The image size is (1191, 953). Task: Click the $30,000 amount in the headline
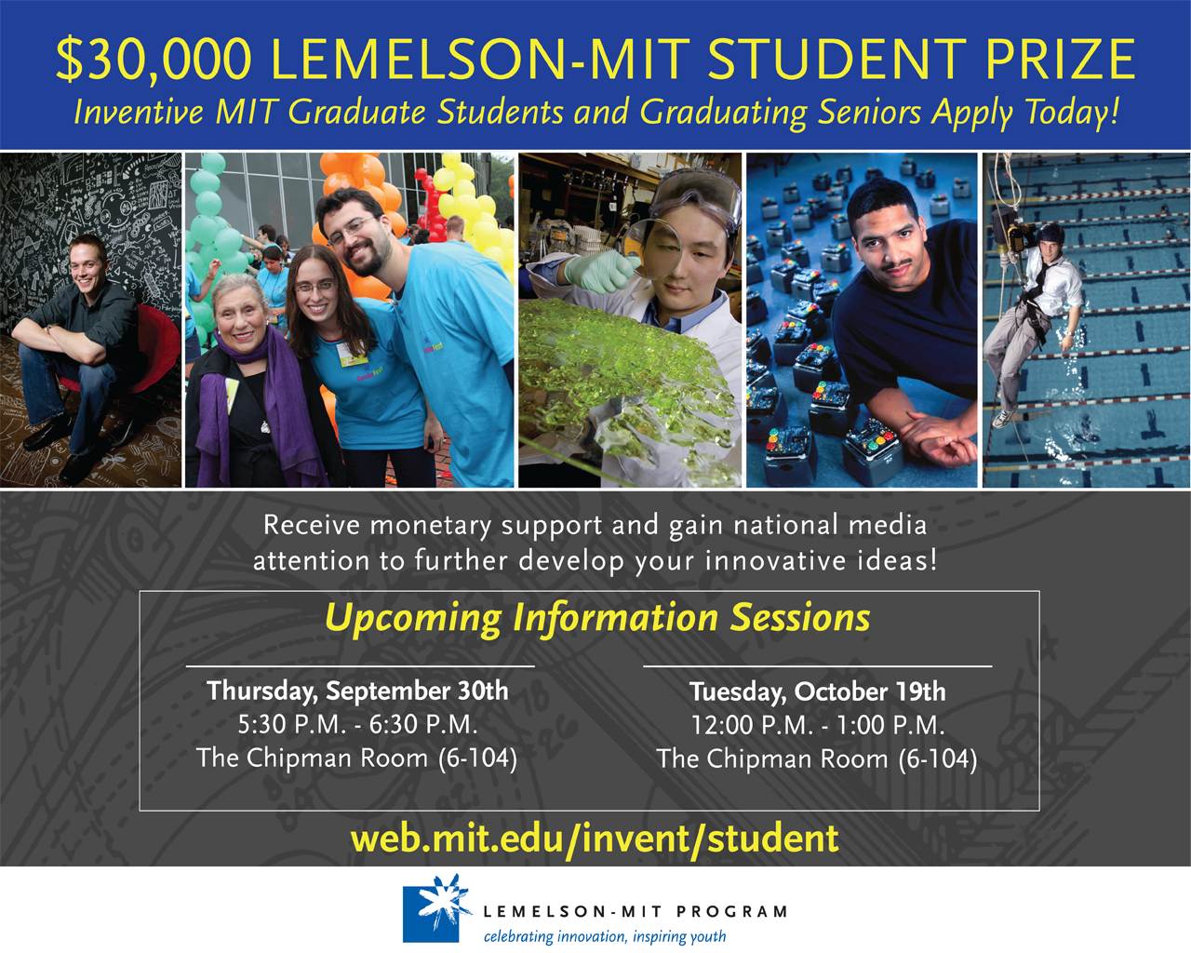click(x=154, y=60)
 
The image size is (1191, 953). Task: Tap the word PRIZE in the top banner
click(x=1061, y=59)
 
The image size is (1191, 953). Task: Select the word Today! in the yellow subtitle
click(x=1072, y=113)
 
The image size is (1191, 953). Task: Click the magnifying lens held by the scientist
click(x=651, y=248)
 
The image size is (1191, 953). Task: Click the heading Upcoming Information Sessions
click(x=597, y=617)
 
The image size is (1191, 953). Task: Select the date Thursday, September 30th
click(x=357, y=691)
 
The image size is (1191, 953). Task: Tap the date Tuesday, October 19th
click(x=818, y=692)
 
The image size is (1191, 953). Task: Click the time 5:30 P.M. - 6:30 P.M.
click(x=357, y=724)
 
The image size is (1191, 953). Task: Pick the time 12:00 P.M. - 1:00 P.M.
click(x=818, y=725)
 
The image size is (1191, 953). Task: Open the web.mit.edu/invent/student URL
click(x=595, y=839)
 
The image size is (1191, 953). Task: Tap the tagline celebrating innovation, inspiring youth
click(x=605, y=936)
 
